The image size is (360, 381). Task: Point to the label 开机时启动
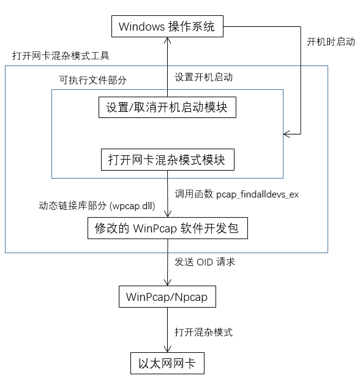(x=331, y=42)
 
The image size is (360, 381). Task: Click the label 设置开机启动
(x=204, y=77)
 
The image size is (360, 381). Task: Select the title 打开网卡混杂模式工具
(x=61, y=56)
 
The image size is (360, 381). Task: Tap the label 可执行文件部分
(x=92, y=80)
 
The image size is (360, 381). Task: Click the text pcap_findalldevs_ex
(x=257, y=194)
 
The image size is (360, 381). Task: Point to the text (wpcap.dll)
(x=132, y=206)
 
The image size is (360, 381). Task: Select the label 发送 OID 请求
(x=204, y=262)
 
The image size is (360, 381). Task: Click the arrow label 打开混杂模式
(x=204, y=332)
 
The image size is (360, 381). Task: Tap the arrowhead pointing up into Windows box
(x=167, y=40)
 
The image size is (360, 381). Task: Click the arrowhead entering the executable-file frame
(x=287, y=134)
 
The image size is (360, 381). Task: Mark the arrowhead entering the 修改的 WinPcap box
(x=168, y=214)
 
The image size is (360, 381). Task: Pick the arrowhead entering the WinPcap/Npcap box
(x=167, y=283)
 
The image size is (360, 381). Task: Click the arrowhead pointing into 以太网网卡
(x=167, y=349)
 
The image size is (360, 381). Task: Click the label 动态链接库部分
(x=73, y=206)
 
